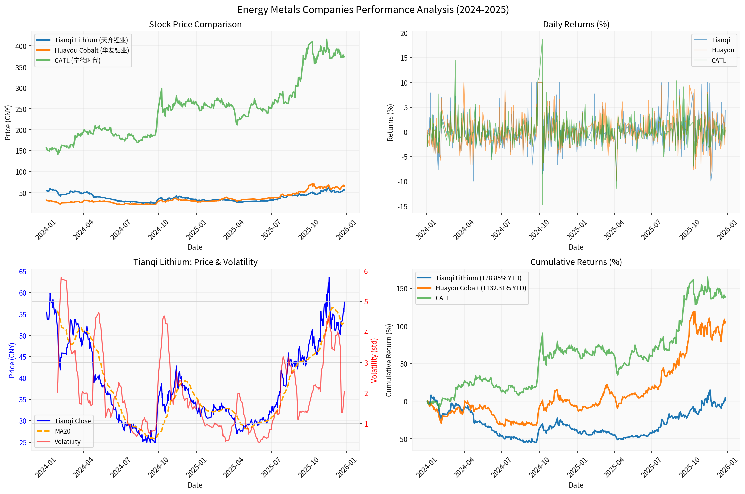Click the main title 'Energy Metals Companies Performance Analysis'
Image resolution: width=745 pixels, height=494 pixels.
pos(372,10)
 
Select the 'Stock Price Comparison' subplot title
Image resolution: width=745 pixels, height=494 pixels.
pos(195,25)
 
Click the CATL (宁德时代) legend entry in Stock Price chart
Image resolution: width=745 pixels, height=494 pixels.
pos(77,60)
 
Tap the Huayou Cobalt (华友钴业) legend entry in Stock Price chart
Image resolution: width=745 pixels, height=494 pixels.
pos(92,50)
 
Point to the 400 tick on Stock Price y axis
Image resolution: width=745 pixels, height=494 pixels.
pos(21,46)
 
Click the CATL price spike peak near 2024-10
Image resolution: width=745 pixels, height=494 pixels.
pos(162,88)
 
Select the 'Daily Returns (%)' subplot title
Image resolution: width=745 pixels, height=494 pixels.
pos(576,25)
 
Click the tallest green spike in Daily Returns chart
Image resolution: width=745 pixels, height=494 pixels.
pos(542,40)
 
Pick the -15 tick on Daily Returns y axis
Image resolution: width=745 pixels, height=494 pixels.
pos(402,207)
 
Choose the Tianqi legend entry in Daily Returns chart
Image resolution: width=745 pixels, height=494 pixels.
pos(721,40)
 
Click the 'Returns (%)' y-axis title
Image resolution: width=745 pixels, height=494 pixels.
pos(390,123)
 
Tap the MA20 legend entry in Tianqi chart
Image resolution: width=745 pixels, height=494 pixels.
pos(63,431)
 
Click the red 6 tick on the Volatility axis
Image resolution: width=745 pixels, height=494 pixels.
pos(366,271)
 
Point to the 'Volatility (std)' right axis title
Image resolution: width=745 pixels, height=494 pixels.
pos(374,360)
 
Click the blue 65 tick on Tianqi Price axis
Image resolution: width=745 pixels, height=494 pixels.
pos(23,272)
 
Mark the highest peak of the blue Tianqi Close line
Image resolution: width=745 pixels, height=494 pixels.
pos(329,277)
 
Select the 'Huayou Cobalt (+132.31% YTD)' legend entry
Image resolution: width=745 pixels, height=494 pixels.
pos(480,288)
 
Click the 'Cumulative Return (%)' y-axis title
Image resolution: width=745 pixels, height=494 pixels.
pos(389,360)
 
